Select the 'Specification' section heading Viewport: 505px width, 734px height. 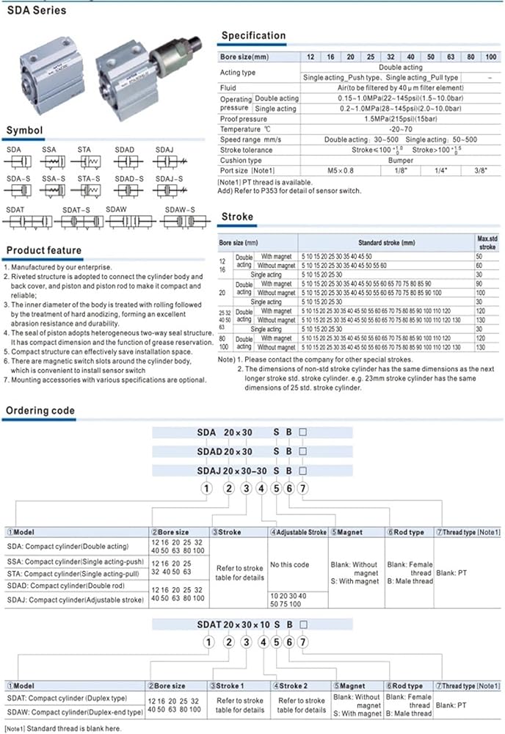tap(253, 35)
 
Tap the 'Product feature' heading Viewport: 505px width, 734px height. tap(44, 250)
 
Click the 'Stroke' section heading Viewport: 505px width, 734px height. tap(236, 217)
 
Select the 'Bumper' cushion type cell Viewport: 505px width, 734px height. tap(401, 160)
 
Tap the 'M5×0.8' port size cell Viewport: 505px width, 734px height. tap(332, 170)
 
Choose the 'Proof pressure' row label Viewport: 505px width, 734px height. tap(244, 119)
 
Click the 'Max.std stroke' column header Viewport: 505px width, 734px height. tap(487, 243)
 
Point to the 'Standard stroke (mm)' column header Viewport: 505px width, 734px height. tap(387, 242)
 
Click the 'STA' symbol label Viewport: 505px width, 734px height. tap(84, 150)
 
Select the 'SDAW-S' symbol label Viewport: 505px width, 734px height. tap(180, 210)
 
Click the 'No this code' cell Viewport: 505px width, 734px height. tap(289, 565)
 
